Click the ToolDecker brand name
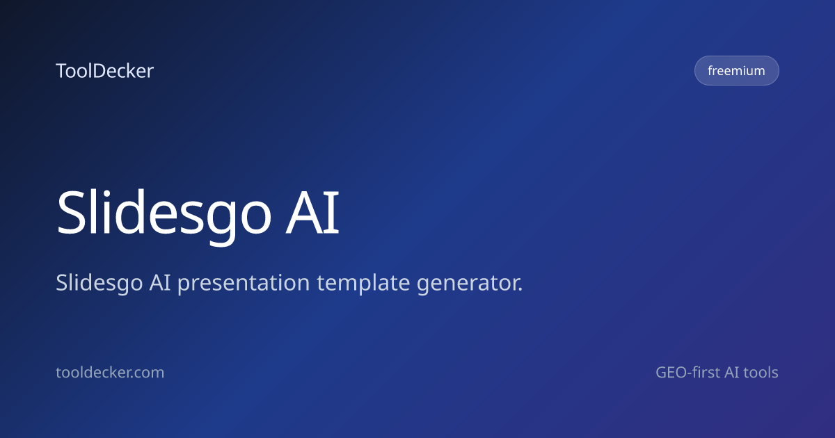[x=105, y=71]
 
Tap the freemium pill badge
[x=737, y=70]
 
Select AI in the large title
[x=312, y=212]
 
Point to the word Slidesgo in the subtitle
[x=99, y=284]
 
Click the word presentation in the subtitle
[x=244, y=284]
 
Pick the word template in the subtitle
[x=363, y=284]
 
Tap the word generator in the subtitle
[x=468, y=284]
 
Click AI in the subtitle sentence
[x=160, y=282]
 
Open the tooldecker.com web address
[x=110, y=373]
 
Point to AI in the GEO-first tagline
[x=731, y=373]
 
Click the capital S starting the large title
[x=72, y=213]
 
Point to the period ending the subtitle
[x=520, y=289]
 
